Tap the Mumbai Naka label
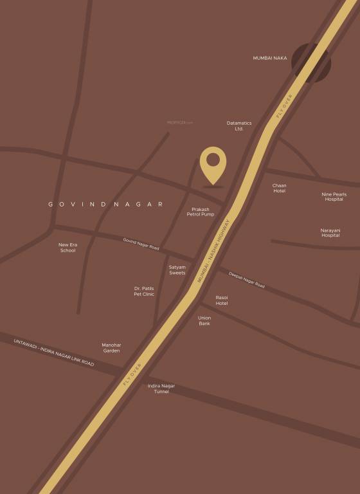pyautogui.click(x=270, y=58)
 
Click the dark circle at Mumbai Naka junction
pyautogui.click(x=311, y=62)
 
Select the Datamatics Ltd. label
pyautogui.click(x=239, y=125)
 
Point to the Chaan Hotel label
pyautogui.click(x=279, y=188)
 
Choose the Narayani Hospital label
pyautogui.click(x=330, y=232)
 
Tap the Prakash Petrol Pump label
pyautogui.click(x=197, y=212)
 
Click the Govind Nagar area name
pyautogui.click(x=105, y=204)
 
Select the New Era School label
pyautogui.click(x=67, y=247)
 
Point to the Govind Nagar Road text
pyautogui.click(x=141, y=244)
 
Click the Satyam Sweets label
pyautogui.click(x=177, y=270)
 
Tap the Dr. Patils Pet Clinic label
pyautogui.click(x=144, y=291)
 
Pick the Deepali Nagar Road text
pyautogui.click(x=247, y=279)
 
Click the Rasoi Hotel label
pyautogui.click(x=222, y=300)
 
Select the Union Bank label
pyautogui.click(x=204, y=320)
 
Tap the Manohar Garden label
pyautogui.click(x=111, y=347)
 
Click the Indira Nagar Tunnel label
pyautogui.click(x=161, y=389)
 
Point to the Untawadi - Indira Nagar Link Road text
pyautogui.click(x=54, y=352)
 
